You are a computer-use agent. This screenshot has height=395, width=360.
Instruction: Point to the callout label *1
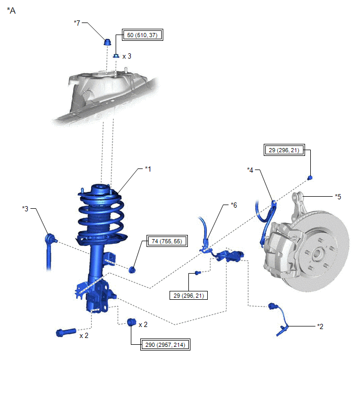[x=148, y=169]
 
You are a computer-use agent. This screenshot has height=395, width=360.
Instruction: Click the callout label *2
[x=320, y=326]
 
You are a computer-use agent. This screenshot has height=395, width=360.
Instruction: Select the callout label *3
[x=25, y=209]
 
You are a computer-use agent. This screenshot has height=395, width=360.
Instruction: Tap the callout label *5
[x=338, y=197]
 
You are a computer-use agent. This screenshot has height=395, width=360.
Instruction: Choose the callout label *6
[x=234, y=205]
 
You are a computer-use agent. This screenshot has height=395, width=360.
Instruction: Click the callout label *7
[x=77, y=23]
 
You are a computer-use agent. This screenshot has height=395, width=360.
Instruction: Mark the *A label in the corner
[x=11, y=10]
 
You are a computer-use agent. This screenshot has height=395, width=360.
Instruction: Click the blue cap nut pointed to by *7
[x=107, y=42]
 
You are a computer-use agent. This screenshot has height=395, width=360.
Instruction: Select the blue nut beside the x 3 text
[x=116, y=55]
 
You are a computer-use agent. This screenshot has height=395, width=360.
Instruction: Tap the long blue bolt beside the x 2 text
[x=66, y=333]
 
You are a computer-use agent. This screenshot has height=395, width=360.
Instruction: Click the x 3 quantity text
[x=127, y=56]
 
